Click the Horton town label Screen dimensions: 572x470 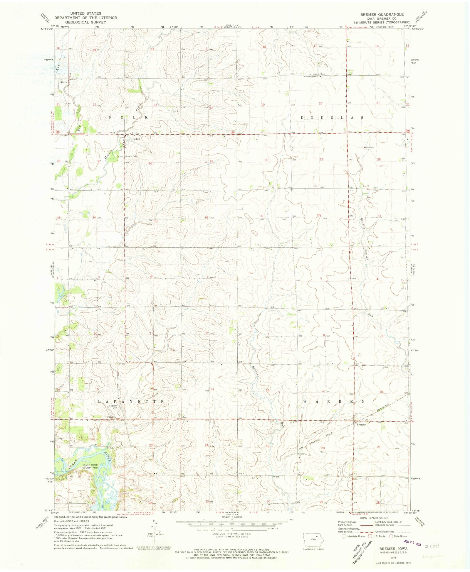[x=135, y=139]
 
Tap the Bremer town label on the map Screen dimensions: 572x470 [x=361, y=424]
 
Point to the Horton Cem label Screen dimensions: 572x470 [x=131, y=156]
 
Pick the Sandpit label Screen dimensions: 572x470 [x=370, y=147]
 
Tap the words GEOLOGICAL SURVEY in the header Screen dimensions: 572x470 [x=85, y=22]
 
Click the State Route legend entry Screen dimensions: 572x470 [x=398, y=536]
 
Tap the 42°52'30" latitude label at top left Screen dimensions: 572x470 [x=47, y=29]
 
